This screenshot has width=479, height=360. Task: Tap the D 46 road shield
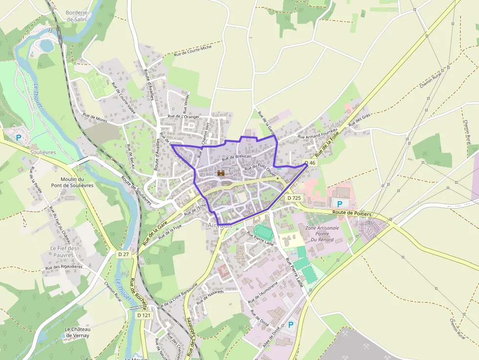coord(310,163)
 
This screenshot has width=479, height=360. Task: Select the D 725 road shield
coord(294,198)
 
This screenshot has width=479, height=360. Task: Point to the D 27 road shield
coord(124,254)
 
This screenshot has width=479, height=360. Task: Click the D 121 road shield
coord(144,316)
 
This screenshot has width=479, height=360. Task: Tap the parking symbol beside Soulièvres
coord(19,138)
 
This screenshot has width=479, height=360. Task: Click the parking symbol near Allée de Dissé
coord(291,324)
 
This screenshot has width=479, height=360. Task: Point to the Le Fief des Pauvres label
coord(64,252)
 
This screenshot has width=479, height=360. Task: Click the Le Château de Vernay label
coord(78,332)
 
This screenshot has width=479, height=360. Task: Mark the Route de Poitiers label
coord(352,213)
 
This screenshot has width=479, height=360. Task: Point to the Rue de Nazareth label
coord(210,296)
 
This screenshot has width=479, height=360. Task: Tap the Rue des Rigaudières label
coord(64,267)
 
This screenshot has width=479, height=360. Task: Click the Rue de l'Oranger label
coord(183,116)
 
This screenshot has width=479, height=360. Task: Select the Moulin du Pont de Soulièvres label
coord(73,182)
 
